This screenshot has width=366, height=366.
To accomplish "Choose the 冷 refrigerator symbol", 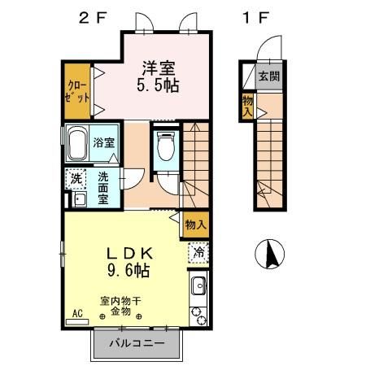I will tap(198, 253).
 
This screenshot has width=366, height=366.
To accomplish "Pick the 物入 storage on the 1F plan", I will tap(246, 107).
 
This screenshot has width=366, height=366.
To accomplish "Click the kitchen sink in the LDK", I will tap(198, 286).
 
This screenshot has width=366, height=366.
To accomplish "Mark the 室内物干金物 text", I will tap(120, 306).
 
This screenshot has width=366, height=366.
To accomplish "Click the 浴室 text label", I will tap(103, 143).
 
